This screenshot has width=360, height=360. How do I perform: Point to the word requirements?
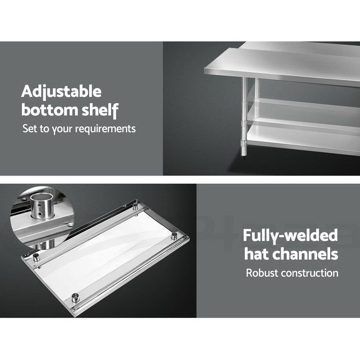point(105,129)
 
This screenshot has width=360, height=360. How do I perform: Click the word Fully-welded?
point(291,236)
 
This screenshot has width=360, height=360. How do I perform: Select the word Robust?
point(262,273)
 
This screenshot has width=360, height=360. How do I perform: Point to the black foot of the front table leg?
point(243,158)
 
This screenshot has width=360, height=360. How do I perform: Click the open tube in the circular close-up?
point(42,206)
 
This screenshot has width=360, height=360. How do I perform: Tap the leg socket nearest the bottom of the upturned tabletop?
point(75,298)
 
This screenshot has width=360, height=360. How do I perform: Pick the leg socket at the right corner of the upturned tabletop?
point(174,235)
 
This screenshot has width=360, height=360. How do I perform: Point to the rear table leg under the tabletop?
point(256,89)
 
